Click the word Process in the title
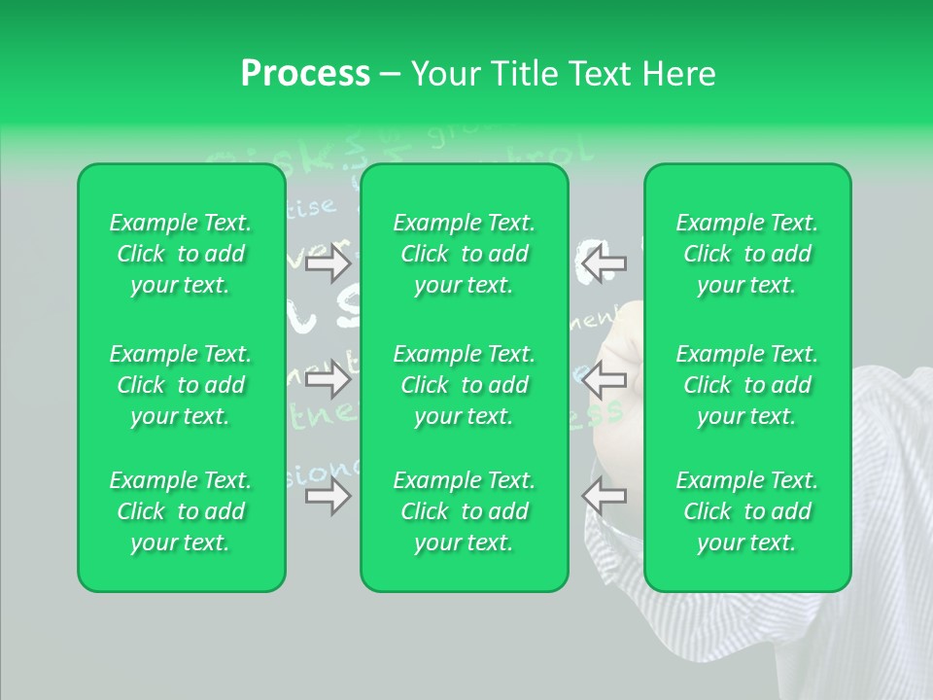point(305,74)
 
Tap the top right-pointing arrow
point(328,262)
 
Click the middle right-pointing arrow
point(328,379)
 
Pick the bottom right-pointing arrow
point(328,496)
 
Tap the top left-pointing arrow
point(605,262)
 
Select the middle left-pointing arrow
point(605,379)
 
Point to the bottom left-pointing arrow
point(605,496)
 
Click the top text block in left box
point(181,254)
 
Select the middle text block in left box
point(181,385)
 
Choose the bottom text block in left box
point(181,511)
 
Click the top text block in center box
point(465,254)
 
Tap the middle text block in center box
point(465,385)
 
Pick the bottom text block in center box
point(465,511)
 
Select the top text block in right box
point(747,254)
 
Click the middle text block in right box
point(747,385)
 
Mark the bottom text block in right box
point(747,511)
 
